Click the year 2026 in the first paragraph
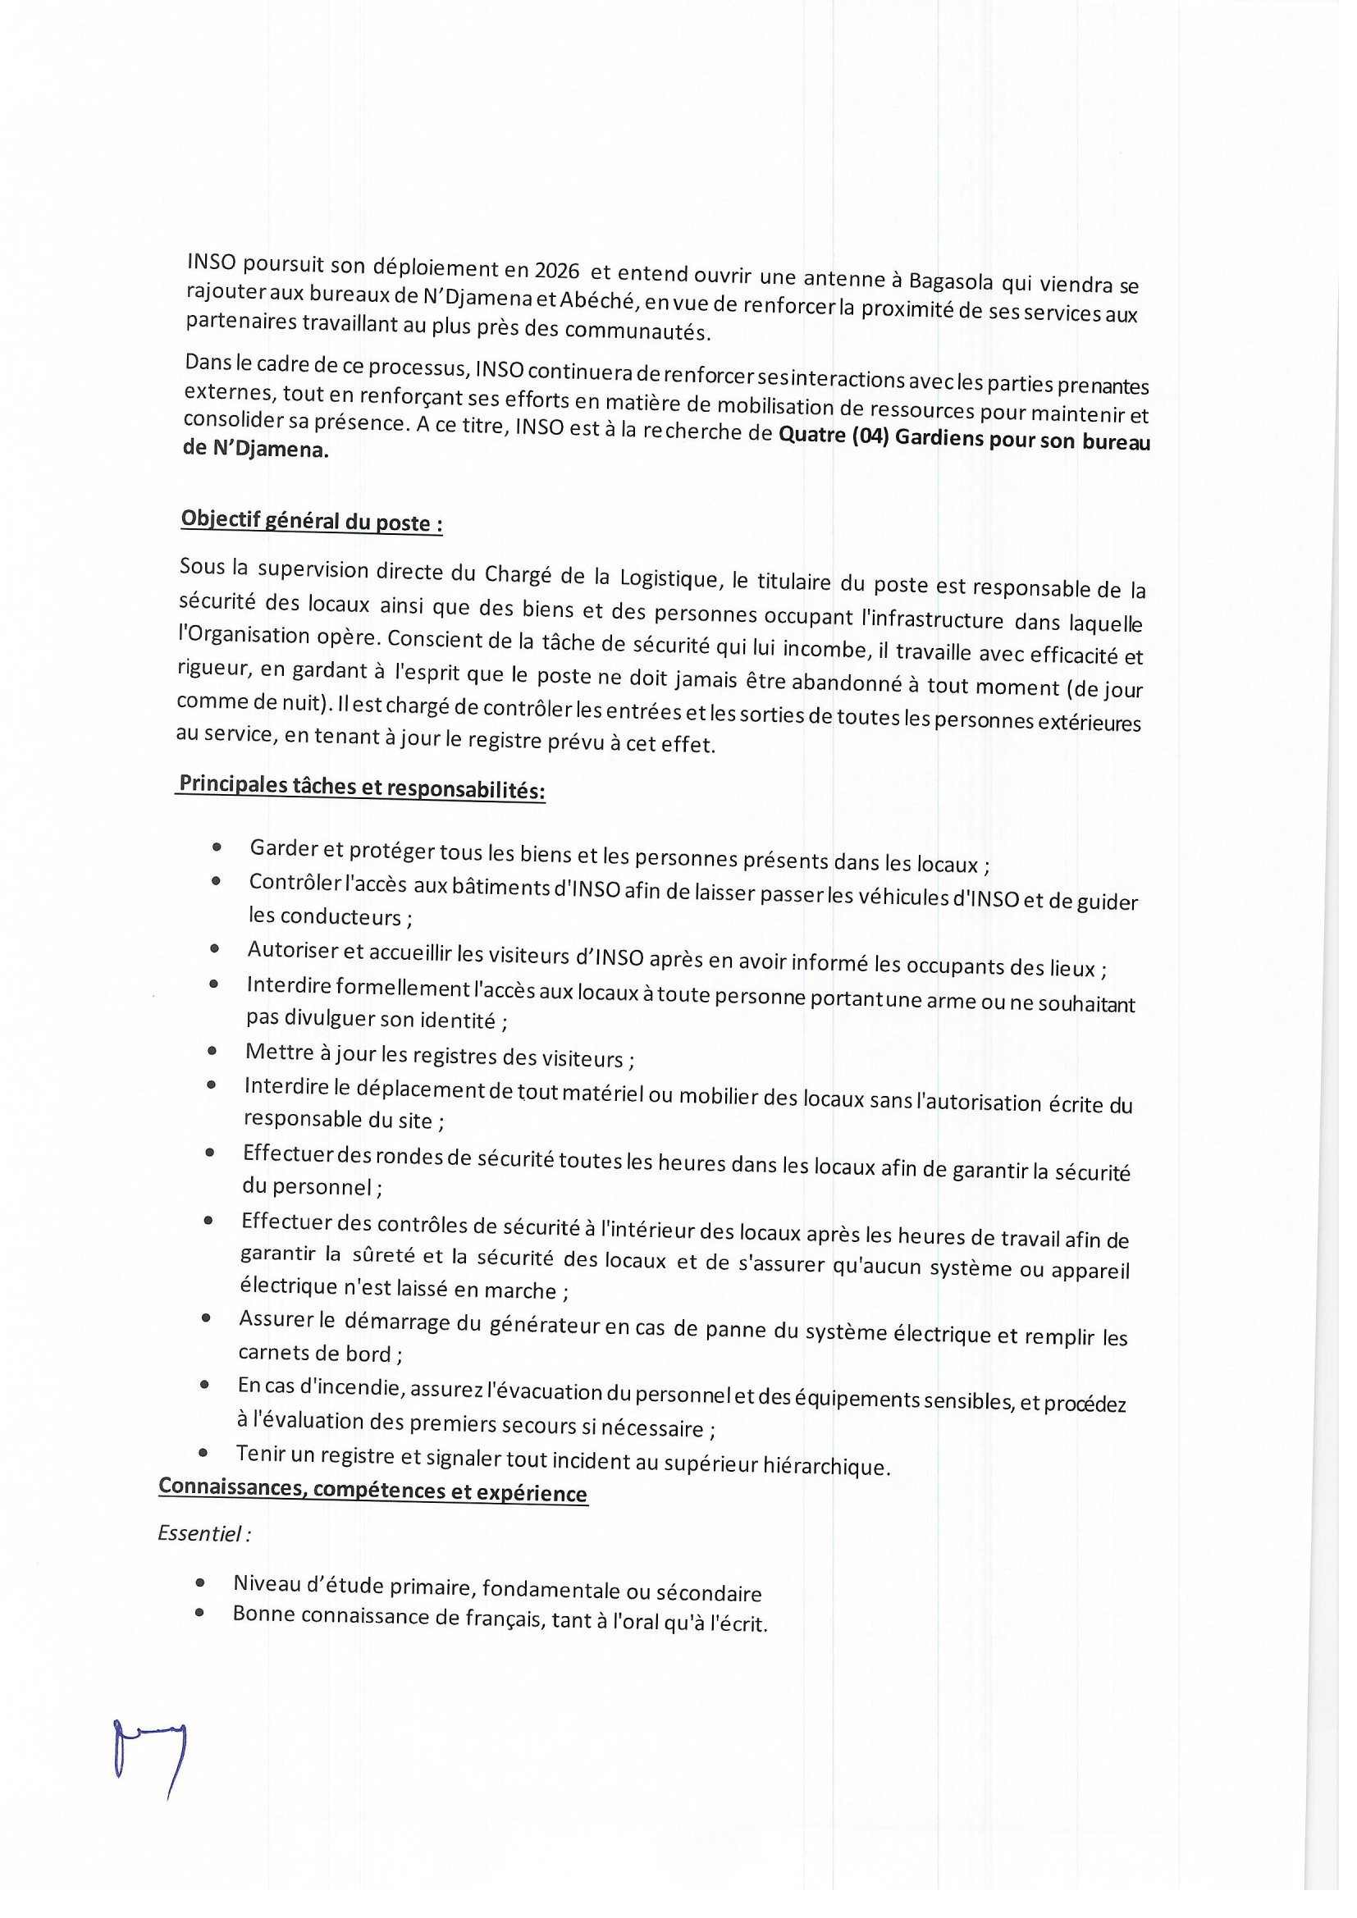[556, 271]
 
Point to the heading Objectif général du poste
[311, 521]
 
